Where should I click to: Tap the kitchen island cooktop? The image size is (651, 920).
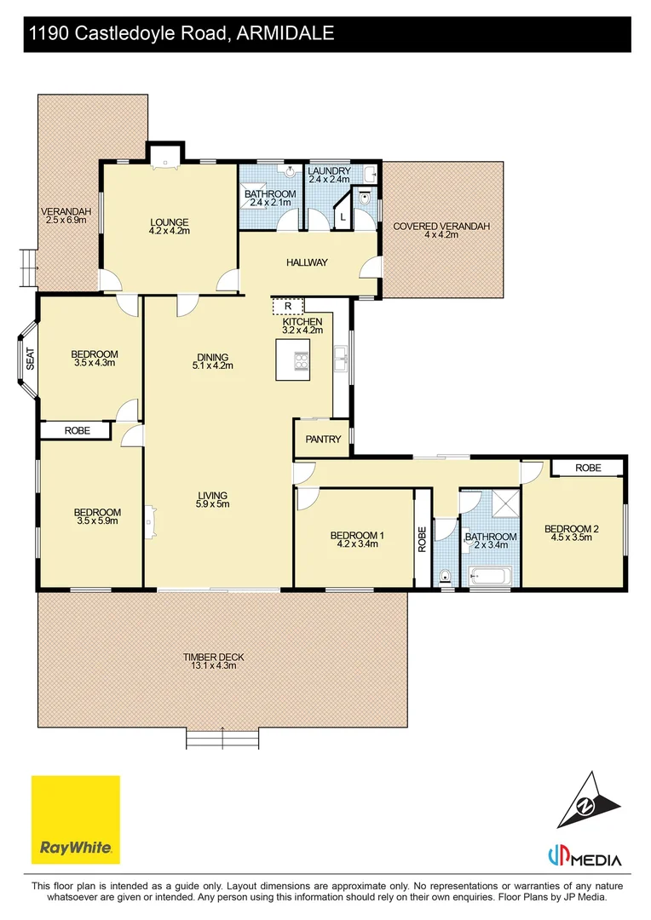tap(300, 360)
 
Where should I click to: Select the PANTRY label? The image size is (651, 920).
tap(322, 440)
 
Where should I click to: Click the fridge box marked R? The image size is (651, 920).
tap(288, 305)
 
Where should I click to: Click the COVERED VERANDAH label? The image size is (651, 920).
tap(441, 226)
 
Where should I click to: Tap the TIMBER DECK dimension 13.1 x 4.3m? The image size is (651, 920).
tap(213, 666)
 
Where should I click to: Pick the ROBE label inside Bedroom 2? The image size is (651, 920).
tap(587, 468)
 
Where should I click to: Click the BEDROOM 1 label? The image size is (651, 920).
tap(357, 535)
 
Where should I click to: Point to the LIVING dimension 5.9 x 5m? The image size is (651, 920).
tap(212, 504)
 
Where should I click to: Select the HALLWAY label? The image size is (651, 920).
tap(306, 262)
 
